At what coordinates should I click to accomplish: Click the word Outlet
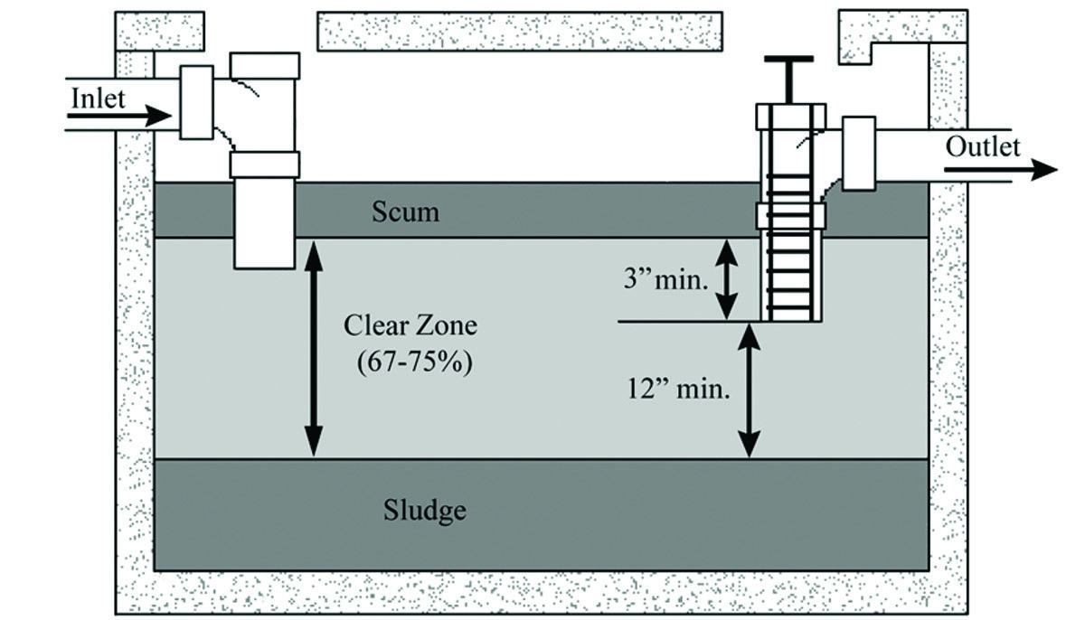(x=983, y=146)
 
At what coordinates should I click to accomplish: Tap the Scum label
(x=406, y=211)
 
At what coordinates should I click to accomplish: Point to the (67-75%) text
(x=413, y=363)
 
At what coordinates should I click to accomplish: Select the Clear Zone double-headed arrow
(x=312, y=348)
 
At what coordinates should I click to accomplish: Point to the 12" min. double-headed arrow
(x=749, y=390)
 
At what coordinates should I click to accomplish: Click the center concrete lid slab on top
(x=519, y=31)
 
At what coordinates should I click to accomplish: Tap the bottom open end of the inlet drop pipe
(x=264, y=266)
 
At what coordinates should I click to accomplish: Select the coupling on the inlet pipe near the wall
(x=196, y=102)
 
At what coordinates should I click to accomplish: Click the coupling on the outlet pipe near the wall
(x=859, y=153)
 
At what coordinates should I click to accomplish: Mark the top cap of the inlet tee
(x=265, y=65)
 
